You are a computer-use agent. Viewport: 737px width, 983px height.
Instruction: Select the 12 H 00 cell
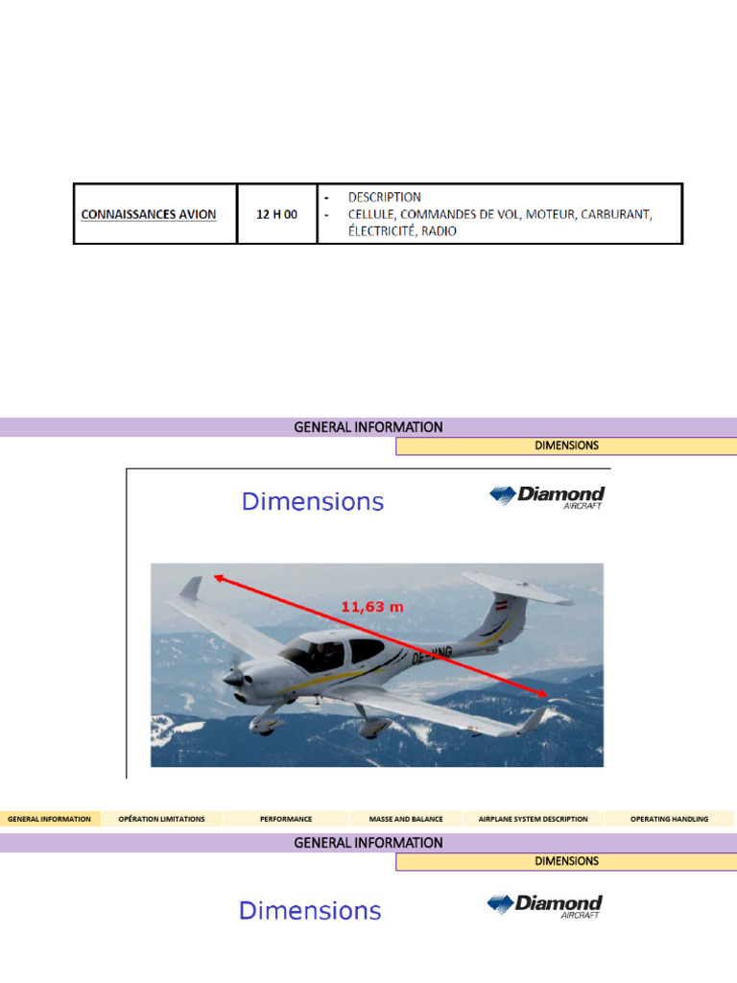[276, 214]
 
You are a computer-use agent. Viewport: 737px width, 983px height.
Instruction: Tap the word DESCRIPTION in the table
[384, 197]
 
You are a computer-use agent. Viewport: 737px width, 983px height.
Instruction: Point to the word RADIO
[438, 231]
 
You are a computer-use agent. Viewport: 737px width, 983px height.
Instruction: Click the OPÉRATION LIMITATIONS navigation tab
[161, 819]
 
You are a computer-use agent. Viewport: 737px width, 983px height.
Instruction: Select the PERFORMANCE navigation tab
[286, 819]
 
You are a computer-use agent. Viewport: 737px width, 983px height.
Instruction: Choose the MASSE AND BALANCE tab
[406, 819]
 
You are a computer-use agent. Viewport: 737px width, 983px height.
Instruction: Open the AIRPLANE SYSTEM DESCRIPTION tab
[533, 819]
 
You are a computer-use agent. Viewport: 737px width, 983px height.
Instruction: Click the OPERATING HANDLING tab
[669, 819]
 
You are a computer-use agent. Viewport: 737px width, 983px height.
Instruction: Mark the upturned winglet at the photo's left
[191, 588]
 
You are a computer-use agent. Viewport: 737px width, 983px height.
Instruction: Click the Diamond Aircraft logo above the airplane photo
[546, 497]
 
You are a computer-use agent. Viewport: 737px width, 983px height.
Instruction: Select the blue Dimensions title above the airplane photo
[313, 501]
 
